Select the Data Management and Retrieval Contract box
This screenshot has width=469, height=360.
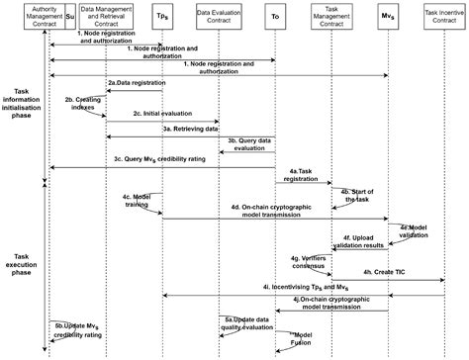pos(106,16)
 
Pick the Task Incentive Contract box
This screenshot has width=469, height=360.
pos(444,16)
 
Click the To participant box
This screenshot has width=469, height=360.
pos(274,16)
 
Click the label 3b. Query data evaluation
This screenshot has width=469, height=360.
pos(249,143)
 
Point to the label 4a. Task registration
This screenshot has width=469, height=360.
pos(303,174)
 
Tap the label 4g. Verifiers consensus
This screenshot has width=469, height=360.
pos(308,261)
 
